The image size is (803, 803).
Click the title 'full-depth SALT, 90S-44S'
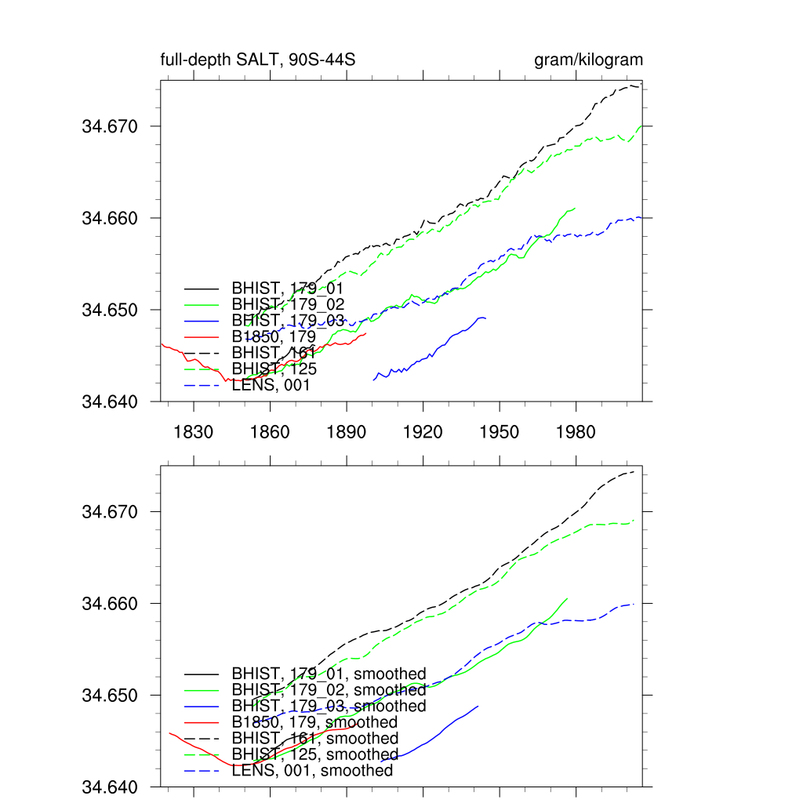pos(260,60)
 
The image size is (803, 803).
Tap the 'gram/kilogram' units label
pos(588,60)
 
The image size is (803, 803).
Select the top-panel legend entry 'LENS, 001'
pos(271,385)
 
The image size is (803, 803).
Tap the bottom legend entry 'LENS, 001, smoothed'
pos(312,771)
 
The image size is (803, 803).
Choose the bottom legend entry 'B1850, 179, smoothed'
pos(314,722)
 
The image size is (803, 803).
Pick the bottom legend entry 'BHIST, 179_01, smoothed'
pos(329,674)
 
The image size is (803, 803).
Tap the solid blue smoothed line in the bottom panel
pos(439,735)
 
